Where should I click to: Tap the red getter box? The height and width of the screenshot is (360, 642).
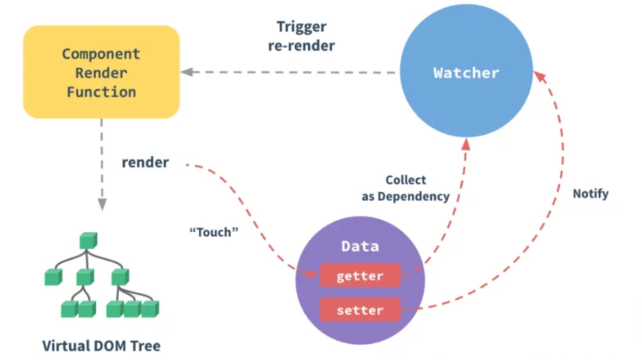(360, 275)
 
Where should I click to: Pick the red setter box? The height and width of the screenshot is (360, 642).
(360, 310)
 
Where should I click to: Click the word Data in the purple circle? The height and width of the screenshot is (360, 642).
(360, 246)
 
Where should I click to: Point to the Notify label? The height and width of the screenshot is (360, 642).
(590, 194)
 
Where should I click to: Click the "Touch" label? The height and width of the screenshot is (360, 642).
(214, 232)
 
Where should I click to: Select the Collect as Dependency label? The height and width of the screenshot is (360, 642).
(405, 188)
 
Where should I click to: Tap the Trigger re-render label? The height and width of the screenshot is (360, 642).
(301, 36)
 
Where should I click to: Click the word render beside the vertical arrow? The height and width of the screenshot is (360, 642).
(145, 163)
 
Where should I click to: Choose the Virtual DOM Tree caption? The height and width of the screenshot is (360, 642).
(101, 346)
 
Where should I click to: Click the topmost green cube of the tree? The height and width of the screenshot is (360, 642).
(88, 241)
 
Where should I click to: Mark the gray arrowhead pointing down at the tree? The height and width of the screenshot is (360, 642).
(102, 204)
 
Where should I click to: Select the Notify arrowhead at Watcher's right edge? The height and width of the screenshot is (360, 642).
(540, 77)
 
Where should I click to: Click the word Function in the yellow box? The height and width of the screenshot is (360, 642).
(101, 92)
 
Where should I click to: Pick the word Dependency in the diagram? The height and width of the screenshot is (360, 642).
(413, 197)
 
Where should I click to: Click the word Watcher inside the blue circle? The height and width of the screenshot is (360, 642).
(466, 73)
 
